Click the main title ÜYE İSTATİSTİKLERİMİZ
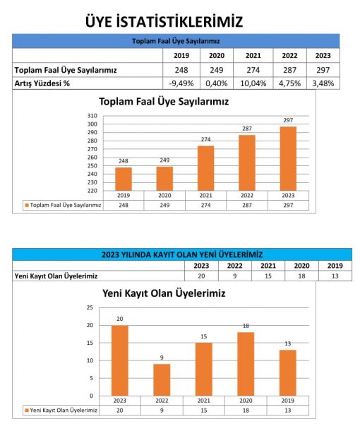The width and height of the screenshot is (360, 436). [x=164, y=21]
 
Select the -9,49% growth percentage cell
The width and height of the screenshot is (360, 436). [x=181, y=83]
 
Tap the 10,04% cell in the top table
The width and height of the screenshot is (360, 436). [x=253, y=83]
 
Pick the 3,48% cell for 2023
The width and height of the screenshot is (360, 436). [x=323, y=83]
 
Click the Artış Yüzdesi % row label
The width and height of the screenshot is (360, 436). [x=42, y=83]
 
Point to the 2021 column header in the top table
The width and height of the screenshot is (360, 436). [x=253, y=56]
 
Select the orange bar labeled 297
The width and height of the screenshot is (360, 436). [x=288, y=159]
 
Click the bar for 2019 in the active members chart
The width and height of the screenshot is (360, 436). [x=124, y=179]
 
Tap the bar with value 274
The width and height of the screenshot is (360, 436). [x=205, y=168]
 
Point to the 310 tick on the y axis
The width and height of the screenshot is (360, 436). [x=92, y=116]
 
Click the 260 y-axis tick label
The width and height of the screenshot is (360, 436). [x=92, y=158]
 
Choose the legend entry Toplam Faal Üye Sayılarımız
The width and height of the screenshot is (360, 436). [x=63, y=205]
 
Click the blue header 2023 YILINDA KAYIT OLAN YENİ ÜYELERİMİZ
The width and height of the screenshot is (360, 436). [x=182, y=254]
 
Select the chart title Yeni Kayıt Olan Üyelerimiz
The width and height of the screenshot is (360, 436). [x=164, y=293]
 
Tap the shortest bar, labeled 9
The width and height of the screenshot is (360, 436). [x=162, y=380]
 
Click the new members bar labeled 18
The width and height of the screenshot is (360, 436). [x=246, y=364]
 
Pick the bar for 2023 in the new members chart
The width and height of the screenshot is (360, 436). [x=120, y=360]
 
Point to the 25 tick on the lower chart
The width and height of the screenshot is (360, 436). [x=90, y=307]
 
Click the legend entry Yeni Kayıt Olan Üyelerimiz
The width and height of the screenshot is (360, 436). [x=61, y=411]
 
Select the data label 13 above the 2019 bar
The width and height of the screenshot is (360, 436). [x=288, y=343]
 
